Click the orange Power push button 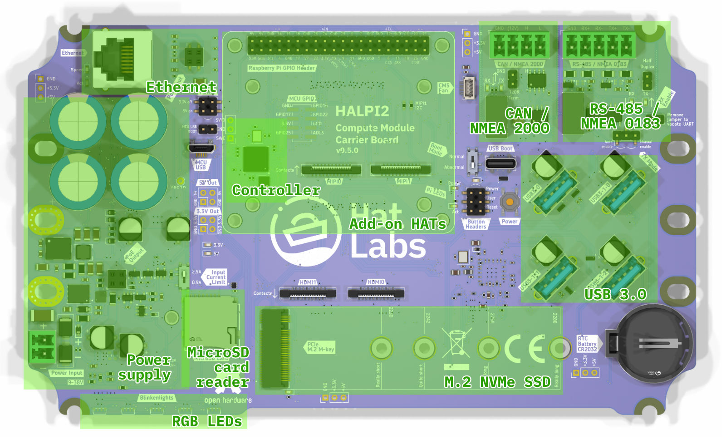tap(510, 201)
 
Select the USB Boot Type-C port tap(500, 163)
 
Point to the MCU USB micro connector tap(201, 148)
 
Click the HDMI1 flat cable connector tap(308, 293)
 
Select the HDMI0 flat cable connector tap(376, 293)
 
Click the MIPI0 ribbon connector tap(331, 170)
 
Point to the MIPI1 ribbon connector tap(401, 170)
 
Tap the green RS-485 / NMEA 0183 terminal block tap(599, 45)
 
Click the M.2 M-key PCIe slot tap(274, 349)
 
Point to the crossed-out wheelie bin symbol tap(456, 344)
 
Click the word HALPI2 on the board tap(362, 111)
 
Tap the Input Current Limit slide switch tap(184, 277)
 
